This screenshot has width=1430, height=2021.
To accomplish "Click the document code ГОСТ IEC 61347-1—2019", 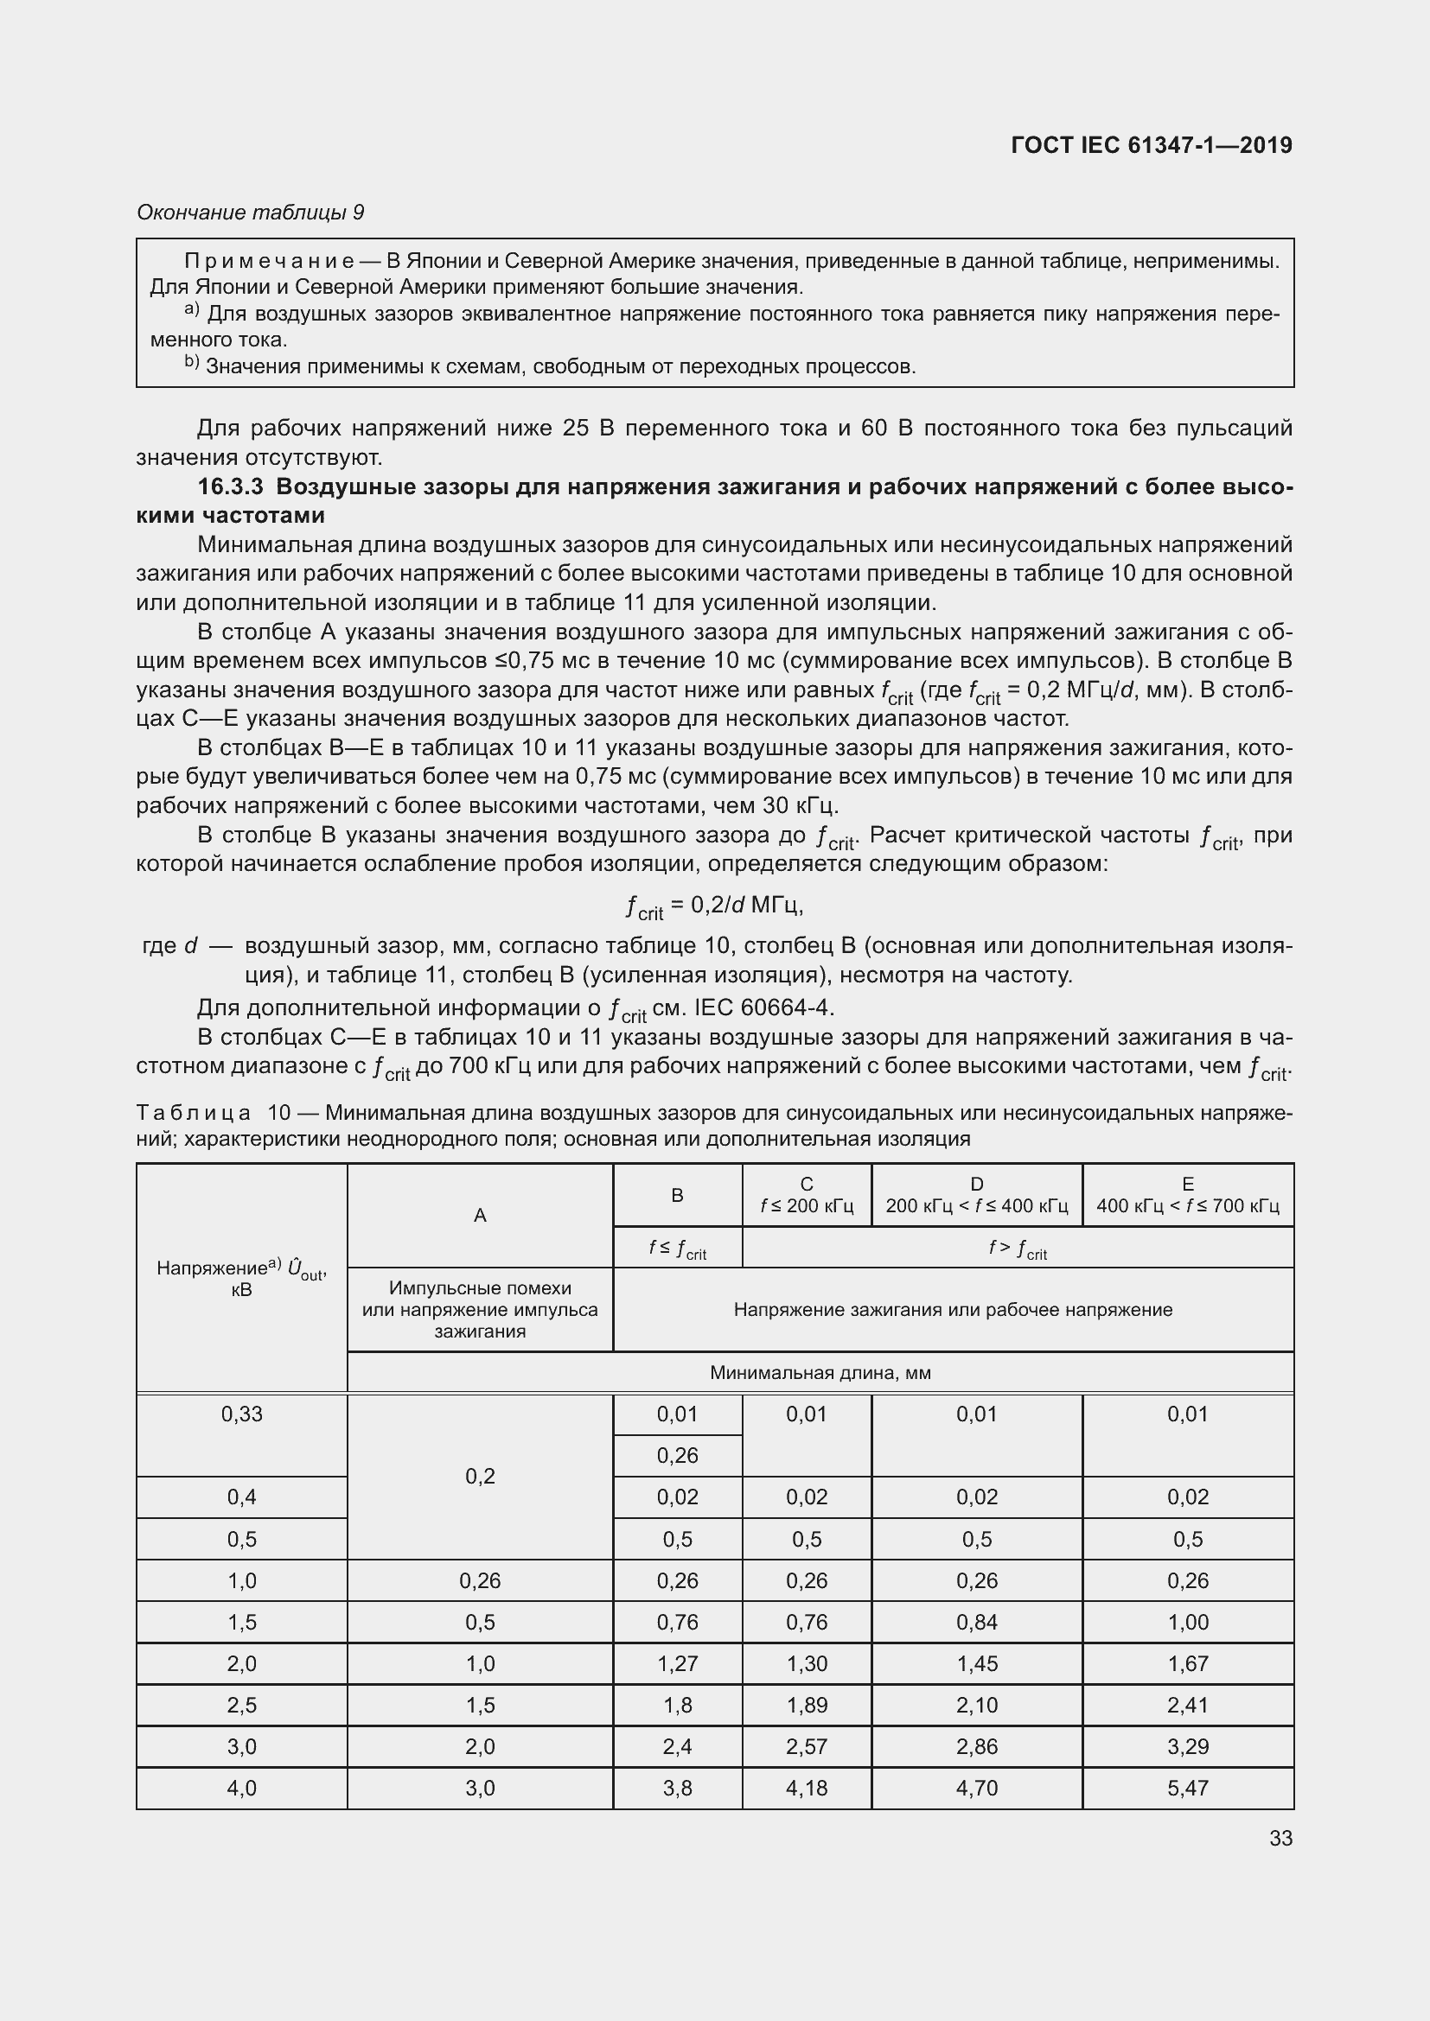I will click(1151, 145).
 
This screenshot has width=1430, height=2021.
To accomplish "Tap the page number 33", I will click(1280, 1838).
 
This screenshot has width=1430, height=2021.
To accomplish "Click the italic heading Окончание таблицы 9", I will click(250, 213).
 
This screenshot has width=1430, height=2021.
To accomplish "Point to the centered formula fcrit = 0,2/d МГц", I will click(714, 906).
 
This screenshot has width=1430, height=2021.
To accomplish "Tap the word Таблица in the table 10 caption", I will click(194, 1113).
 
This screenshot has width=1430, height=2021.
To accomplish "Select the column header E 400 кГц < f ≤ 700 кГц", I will click(1187, 1194).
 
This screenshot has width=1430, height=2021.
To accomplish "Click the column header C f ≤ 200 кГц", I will click(807, 1194).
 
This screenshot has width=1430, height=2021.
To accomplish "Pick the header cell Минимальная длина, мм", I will click(820, 1372).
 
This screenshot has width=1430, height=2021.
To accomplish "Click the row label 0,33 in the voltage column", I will click(241, 1414).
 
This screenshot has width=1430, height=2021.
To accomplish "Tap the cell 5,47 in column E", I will click(1187, 1788).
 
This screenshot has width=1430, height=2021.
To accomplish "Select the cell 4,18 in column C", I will click(807, 1788).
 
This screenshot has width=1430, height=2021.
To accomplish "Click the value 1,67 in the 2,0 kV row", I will click(1187, 1663).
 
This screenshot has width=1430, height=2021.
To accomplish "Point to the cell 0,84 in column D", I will click(976, 1623).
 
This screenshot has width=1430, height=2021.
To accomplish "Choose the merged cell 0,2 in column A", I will click(480, 1476).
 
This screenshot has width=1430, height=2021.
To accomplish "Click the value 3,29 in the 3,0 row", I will click(1187, 1746).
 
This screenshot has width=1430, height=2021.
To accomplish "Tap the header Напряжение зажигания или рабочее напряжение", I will click(953, 1310).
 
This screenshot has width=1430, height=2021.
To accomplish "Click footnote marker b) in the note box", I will click(191, 363).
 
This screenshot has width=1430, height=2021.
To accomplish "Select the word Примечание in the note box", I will click(269, 261).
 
